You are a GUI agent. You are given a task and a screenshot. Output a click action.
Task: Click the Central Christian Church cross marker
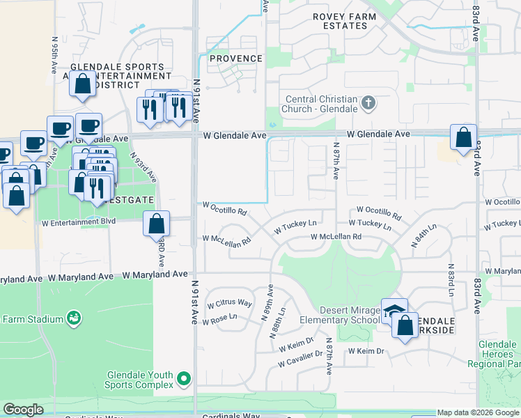coord(368,104)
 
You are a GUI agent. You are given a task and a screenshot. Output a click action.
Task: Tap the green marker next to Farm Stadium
coord(73,318)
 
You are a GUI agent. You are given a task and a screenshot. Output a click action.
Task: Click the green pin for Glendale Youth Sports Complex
coord(184,379)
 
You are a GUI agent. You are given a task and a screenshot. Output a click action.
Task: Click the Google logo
coord(24,410)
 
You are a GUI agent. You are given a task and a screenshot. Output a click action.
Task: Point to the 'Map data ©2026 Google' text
coord(478,412)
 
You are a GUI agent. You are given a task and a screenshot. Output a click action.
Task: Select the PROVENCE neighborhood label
coord(236,59)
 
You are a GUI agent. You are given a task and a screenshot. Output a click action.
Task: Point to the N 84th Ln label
coord(423,237)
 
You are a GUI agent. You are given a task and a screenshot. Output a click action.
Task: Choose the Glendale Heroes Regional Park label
coord(499,355)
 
